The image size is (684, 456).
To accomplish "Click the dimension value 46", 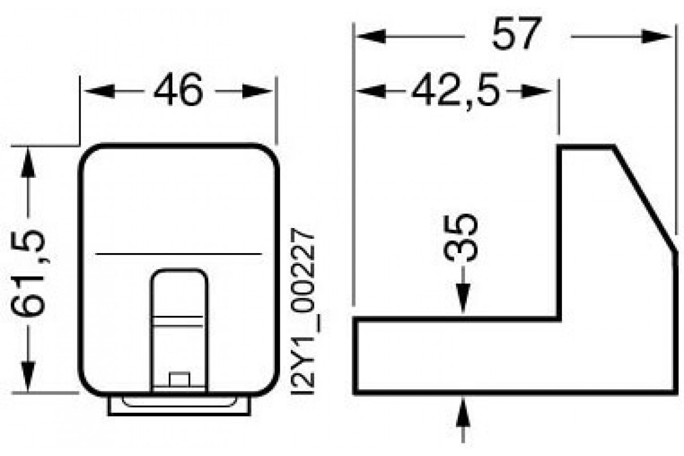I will coord(178,91).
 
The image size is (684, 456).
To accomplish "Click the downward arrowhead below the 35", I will coord(462,300).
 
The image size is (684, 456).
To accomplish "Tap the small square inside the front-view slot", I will coord(179,379).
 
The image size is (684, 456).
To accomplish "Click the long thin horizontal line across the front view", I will coord(178,253).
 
